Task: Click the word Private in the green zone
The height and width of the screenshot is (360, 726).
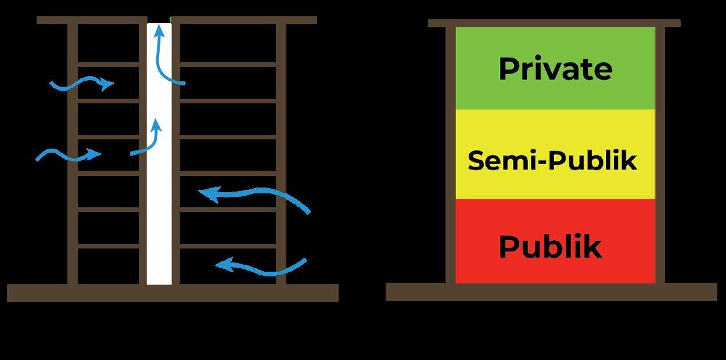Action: [555, 69]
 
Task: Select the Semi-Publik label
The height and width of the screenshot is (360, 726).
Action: [552, 160]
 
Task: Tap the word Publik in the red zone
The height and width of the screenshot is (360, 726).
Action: [549, 247]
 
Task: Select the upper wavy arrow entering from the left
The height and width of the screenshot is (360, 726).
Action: [81, 84]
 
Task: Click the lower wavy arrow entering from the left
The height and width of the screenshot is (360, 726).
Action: [69, 155]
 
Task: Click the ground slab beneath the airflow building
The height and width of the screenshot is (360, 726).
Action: [172, 293]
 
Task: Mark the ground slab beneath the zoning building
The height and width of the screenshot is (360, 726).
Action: [551, 291]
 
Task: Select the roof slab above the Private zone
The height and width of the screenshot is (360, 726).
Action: [554, 23]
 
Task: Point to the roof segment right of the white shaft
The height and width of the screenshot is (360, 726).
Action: [244, 20]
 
